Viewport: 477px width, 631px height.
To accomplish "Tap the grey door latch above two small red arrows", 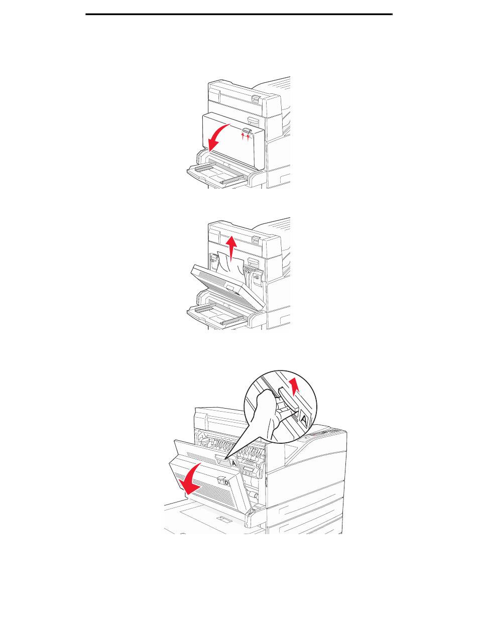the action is click(246, 131).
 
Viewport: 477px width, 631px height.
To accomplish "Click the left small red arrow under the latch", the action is click(243, 137).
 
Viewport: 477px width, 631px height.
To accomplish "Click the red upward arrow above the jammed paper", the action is click(231, 245).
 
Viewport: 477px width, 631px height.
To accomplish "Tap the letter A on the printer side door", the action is click(234, 463).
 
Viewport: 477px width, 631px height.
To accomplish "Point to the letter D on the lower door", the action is click(226, 483).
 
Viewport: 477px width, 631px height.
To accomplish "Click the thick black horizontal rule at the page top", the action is click(238, 14).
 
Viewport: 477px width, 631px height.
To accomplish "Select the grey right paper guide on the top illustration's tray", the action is click(232, 179).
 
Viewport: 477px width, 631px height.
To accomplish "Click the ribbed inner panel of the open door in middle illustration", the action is click(221, 290).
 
